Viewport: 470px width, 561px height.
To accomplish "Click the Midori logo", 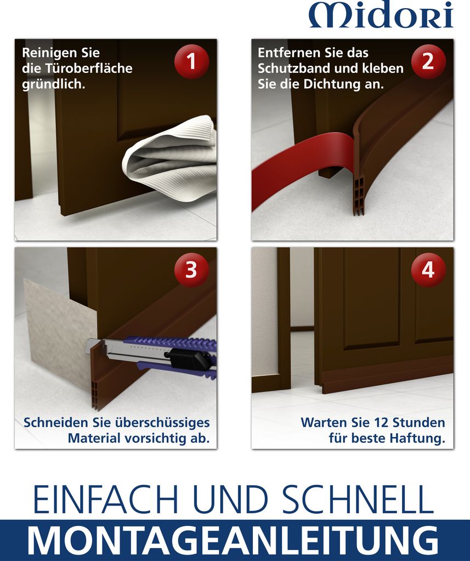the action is pos(381,14).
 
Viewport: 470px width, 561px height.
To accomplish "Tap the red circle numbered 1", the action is pos(191,61).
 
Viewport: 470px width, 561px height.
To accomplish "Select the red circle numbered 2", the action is pos(428,61).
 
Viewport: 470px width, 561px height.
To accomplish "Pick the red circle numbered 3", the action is pos(191,270).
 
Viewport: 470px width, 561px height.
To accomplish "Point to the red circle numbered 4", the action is pos(428,270).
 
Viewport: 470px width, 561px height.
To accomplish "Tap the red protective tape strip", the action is pos(301,161).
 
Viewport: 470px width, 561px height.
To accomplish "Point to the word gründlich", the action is pos(53,84).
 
